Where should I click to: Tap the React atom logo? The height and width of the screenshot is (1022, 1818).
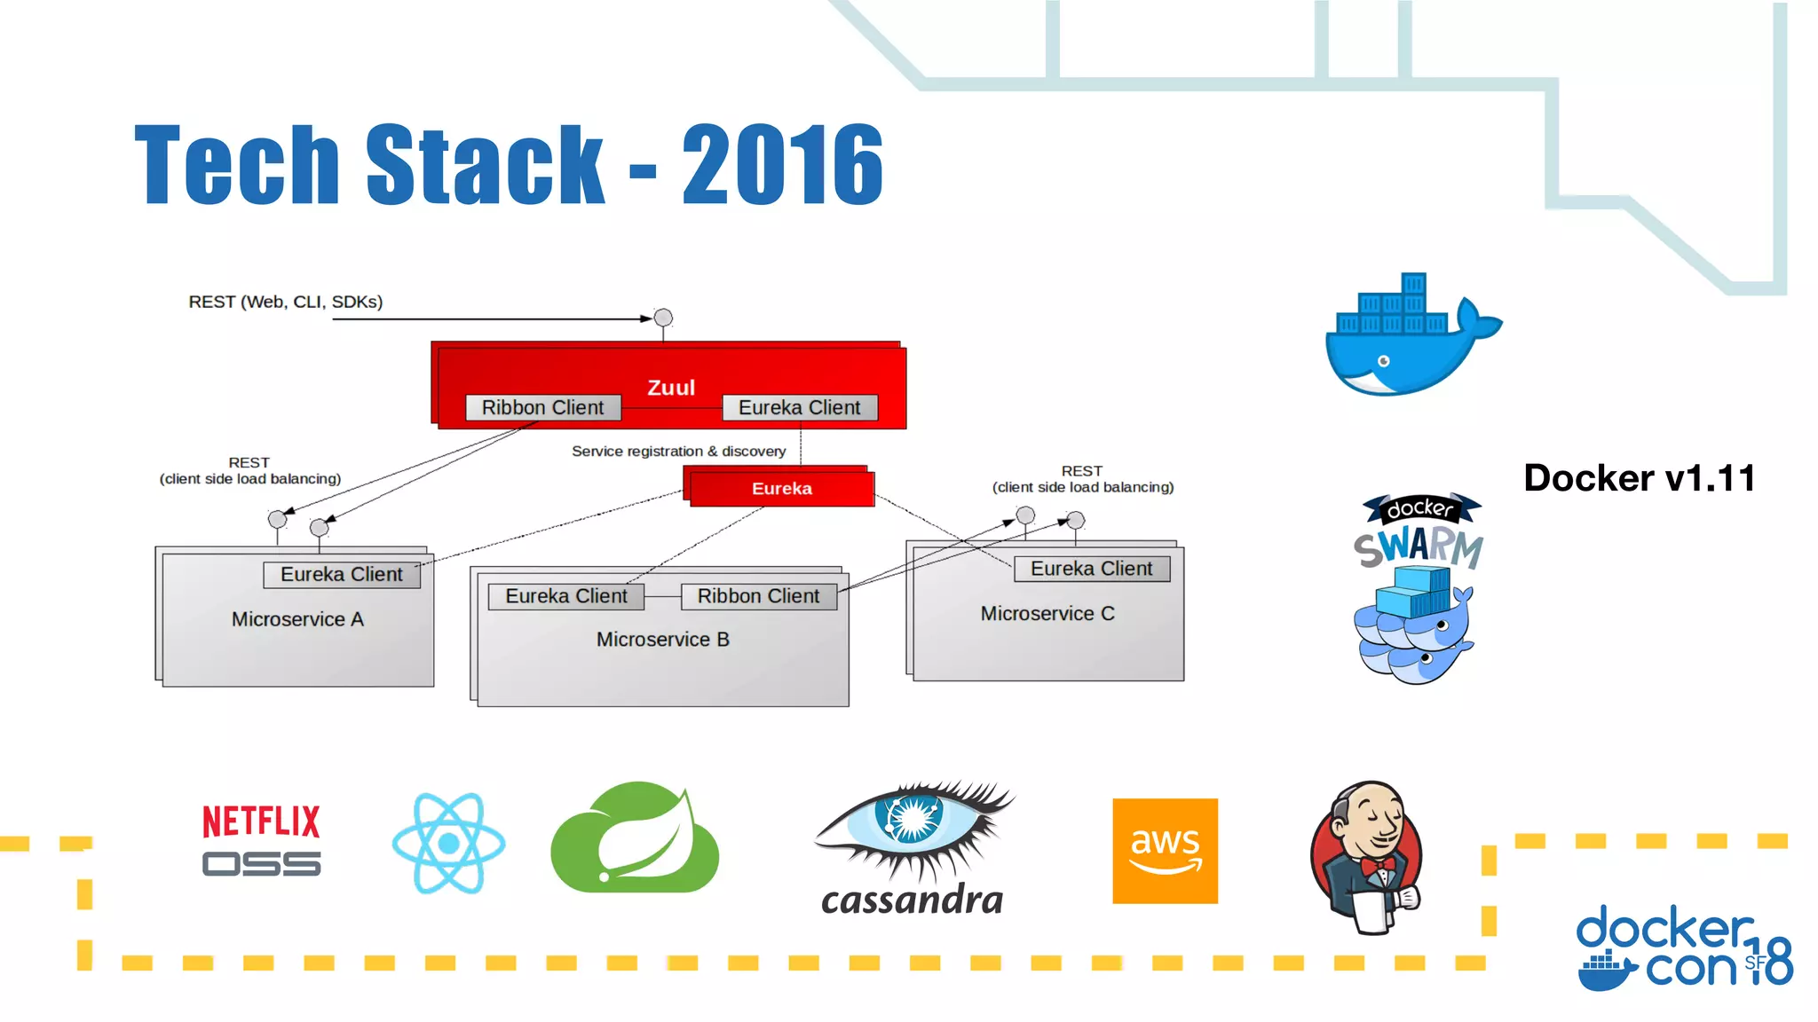coord(449,843)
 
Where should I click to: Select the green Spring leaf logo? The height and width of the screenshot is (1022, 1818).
coord(636,838)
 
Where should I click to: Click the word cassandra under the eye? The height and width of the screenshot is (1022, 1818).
coord(913,900)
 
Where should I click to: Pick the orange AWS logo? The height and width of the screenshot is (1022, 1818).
coord(1165,851)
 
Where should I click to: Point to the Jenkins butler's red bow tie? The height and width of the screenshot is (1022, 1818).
coord(1378,864)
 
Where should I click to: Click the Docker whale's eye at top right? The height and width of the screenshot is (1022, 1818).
coord(1383,361)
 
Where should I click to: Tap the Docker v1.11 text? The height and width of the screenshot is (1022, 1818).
coord(1639,478)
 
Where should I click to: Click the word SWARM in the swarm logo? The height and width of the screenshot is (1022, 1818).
coord(1419,546)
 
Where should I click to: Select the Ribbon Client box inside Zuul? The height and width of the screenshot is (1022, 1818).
coord(542,407)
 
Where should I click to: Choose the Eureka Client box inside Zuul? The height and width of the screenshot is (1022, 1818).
coord(799,407)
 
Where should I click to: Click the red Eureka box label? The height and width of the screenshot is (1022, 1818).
coord(781,489)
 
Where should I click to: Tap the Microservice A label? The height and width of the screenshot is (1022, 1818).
coord(297,619)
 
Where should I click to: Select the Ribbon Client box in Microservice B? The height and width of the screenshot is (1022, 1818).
coord(758,596)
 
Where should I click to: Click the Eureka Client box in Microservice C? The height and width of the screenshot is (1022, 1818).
coord(1091,569)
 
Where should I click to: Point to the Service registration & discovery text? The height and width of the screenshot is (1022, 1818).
coord(678,452)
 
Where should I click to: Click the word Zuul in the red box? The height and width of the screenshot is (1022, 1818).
coord(671,388)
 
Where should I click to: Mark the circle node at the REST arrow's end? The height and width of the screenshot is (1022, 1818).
coord(663,318)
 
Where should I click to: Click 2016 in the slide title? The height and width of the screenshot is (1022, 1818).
coord(782,165)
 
